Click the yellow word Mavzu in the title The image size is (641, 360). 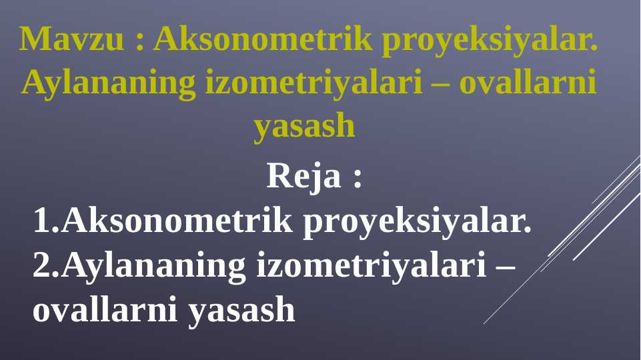[x=72, y=40]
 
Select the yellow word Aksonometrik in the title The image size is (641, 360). [x=262, y=40]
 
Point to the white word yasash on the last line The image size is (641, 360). [x=241, y=311]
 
